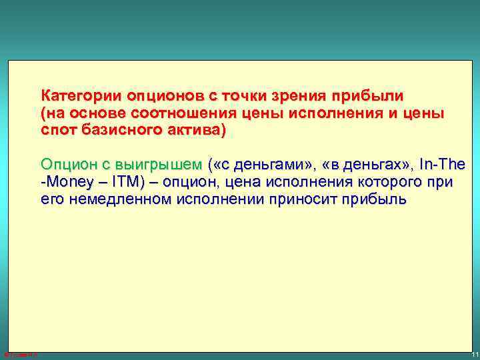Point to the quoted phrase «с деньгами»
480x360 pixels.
261,164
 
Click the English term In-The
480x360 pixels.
443,164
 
